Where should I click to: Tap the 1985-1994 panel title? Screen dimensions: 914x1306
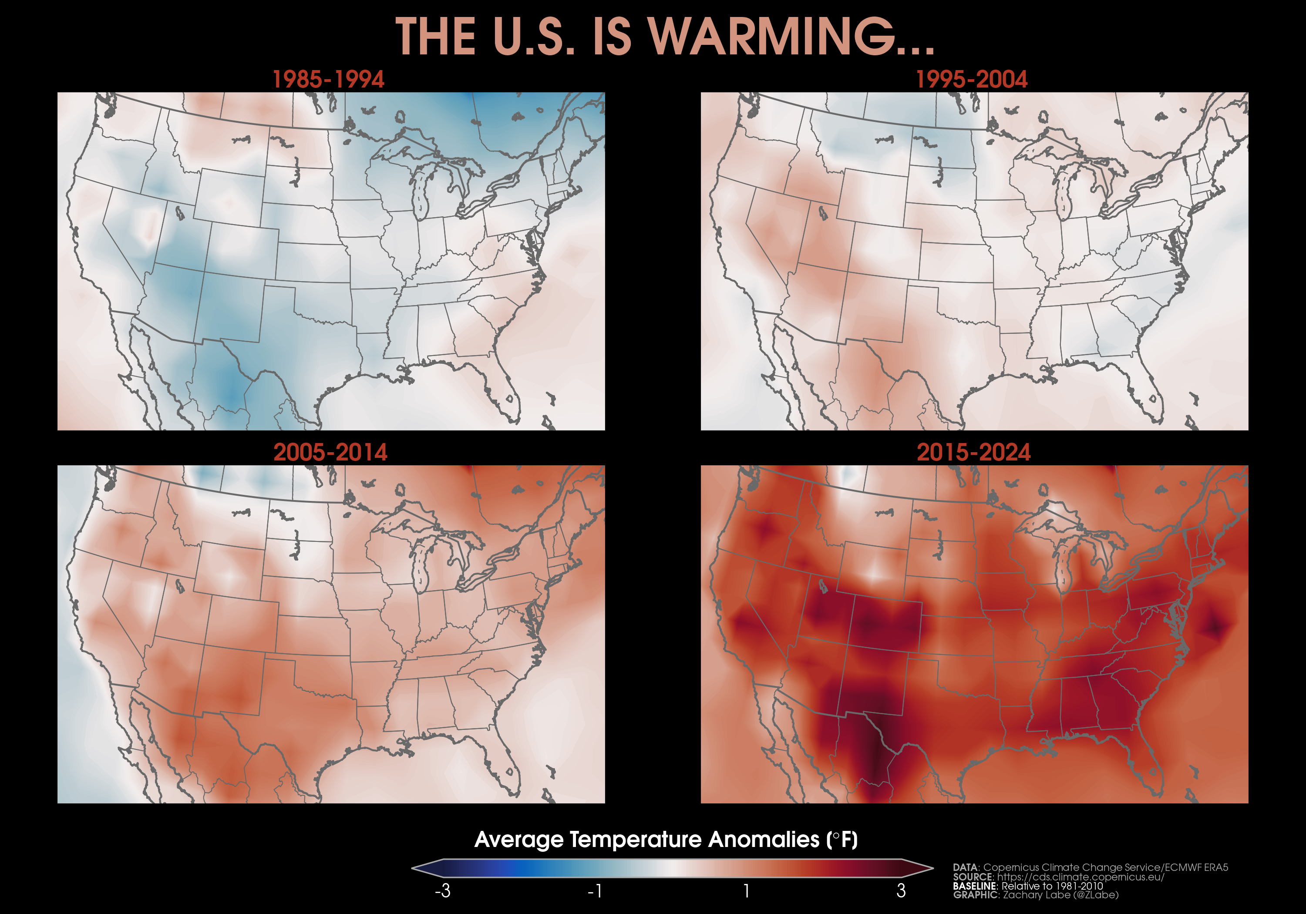click(x=328, y=80)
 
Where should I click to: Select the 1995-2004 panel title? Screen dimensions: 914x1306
click(x=972, y=80)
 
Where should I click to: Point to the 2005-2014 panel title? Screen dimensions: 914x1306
click(x=330, y=453)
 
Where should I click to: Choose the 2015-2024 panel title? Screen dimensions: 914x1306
click(x=973, y=453)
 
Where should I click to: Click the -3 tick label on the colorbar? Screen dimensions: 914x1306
click(x=443, y=890)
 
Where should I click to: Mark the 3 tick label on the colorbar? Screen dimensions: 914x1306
click(x=901, y=890)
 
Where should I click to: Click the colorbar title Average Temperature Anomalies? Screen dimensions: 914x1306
click(x=666, y=840)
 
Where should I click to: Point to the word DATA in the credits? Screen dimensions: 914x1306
click(x=965, y=867)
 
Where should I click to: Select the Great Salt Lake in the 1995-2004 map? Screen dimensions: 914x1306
click(x=822, y=213)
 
